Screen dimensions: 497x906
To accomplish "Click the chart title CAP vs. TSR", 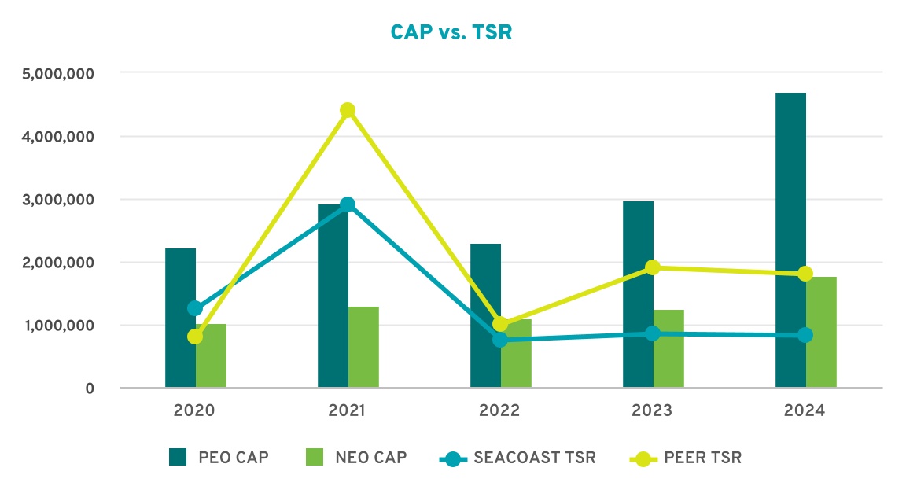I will tap(451, 32).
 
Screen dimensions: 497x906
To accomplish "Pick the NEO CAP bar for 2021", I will tap(363, 347).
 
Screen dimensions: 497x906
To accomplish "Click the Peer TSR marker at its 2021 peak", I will tap(348, 110).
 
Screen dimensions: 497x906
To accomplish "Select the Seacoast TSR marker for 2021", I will tap(348, 204).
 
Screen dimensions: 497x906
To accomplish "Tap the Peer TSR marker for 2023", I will tap(653, 267).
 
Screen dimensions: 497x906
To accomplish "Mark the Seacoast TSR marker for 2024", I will tap(805, 335).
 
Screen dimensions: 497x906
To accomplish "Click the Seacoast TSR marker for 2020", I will tap(195, 308).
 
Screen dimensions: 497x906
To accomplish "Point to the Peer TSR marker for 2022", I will tap(500, 324).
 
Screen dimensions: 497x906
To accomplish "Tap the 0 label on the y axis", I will tap(90, 388).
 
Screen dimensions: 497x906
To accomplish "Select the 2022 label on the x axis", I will tap(500, 411).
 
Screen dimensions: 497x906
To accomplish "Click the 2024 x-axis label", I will tap(805, 411).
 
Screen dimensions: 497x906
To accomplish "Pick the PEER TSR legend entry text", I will tap(702, 458).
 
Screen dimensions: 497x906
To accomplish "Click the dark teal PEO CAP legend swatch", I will tap(179, 458).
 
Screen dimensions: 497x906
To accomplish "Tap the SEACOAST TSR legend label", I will tap(535, 458).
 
